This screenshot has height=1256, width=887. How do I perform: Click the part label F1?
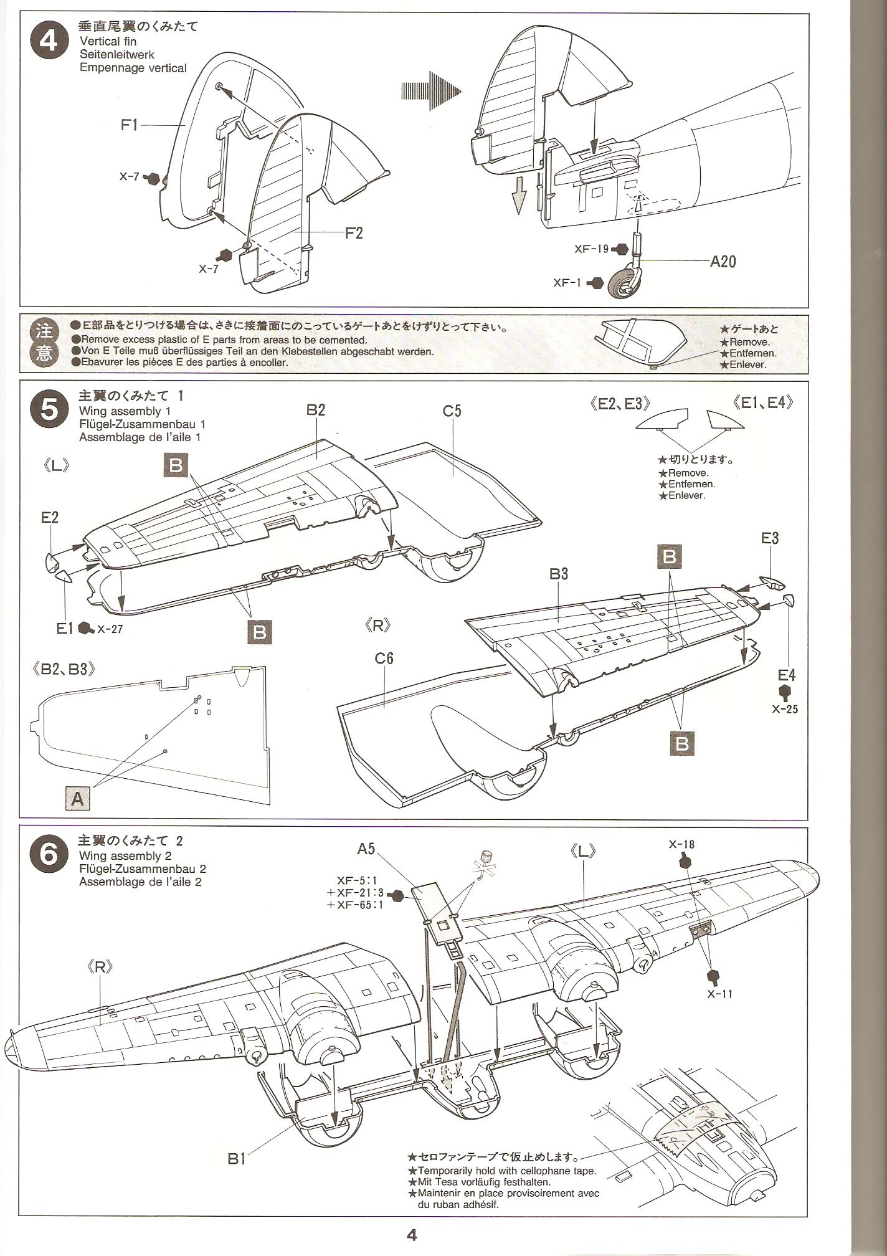(129, 125)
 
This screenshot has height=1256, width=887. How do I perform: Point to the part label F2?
(353, 233)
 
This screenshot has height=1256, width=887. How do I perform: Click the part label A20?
(723, 261)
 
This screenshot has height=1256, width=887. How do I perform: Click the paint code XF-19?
(592, 249)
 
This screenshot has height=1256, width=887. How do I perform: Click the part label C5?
(452, 411)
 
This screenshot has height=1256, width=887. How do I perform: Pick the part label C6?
(384, 659)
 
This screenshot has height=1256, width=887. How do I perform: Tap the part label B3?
(559, 573)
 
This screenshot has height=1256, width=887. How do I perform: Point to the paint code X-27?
(110, 629)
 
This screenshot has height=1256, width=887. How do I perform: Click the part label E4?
(787, 675)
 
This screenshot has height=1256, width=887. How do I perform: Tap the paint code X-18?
(681, 844)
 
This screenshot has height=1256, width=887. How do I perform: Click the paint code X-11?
(720, 992)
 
